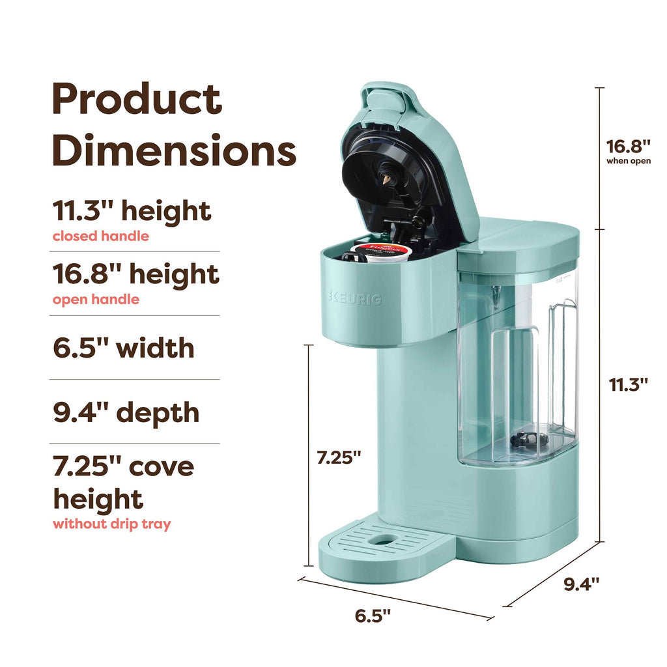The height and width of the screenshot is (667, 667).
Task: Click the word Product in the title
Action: [x=137, y=99]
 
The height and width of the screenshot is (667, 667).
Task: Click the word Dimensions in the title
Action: [x=175, y=150]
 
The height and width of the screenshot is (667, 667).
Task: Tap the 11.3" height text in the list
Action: [x=132, y=210]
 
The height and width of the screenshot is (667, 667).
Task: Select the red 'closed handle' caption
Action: [x=101, y=236]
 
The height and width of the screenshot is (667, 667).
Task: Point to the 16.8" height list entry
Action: [x=136, y=274]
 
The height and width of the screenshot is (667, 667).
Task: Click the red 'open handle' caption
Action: [x=96, y=300]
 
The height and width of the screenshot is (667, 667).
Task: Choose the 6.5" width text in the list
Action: [x=124, y=348]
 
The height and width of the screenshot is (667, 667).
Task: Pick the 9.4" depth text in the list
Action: [x=126, y=412]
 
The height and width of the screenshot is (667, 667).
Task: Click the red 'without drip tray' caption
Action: [x=112, y=524]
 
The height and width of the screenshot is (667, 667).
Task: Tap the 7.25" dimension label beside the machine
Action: [x=339, y=458]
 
